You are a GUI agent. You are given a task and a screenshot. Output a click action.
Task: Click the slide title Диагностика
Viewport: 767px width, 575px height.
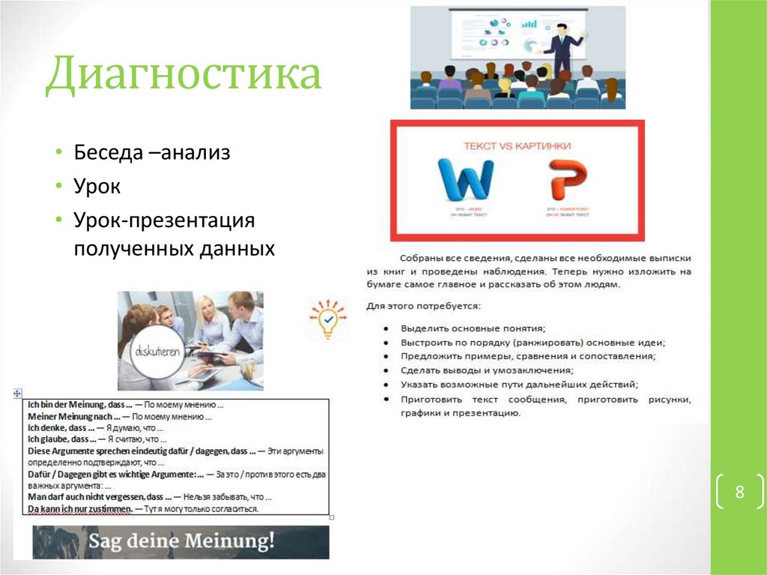184,76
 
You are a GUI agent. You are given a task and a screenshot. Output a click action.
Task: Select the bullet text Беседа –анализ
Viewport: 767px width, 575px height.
151,153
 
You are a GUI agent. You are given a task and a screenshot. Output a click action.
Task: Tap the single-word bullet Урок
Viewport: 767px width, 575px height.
97,187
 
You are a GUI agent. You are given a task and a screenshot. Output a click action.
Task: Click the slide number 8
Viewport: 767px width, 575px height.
739,493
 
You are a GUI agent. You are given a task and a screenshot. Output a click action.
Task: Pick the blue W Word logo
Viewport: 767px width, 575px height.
464,183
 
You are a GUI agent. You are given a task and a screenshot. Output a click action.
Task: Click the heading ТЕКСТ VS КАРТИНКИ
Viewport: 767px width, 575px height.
517,145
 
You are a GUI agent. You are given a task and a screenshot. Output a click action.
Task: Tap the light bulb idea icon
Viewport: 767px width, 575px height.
328,319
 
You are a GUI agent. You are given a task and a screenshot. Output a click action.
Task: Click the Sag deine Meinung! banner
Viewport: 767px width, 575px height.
181,541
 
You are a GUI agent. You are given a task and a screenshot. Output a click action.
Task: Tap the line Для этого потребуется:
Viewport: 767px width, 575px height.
424,306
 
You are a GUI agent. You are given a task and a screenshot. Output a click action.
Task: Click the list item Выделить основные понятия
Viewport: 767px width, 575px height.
473,328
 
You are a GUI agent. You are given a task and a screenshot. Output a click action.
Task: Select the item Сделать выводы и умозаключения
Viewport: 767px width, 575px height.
488,370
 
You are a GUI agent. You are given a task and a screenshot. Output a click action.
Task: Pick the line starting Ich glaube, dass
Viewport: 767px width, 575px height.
97,439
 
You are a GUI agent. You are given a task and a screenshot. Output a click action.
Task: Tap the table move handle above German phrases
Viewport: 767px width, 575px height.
16,393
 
